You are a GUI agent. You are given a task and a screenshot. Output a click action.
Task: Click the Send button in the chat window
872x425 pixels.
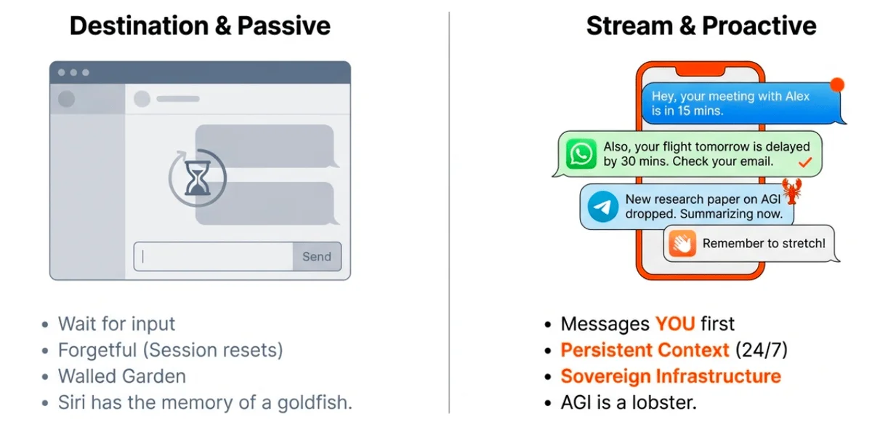[317, 257]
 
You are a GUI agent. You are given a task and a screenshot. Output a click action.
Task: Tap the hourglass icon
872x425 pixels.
[198, 178]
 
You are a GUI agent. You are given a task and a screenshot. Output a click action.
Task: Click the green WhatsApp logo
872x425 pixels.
[581, 154]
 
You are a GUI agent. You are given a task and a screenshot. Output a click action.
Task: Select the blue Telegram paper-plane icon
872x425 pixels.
[602, 207]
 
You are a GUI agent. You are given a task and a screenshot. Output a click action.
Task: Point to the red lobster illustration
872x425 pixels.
[792, 191]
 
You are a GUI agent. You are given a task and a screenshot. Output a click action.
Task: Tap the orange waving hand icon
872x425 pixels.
[682, 243]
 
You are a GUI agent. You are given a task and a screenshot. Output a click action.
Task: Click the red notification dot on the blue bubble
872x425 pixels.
[837, 84]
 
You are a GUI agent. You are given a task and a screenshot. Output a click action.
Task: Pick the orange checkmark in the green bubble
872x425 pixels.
[805, 162]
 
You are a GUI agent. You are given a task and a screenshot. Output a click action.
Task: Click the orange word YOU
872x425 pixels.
[675, 324]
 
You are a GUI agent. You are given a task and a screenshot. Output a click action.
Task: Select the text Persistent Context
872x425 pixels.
[645, 350]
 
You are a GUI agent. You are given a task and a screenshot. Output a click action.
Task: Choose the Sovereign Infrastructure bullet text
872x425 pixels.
[671, 376]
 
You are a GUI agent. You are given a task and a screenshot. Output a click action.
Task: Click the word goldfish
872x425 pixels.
[315, 402]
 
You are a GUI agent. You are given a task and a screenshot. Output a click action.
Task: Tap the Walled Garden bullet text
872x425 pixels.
[122, 376]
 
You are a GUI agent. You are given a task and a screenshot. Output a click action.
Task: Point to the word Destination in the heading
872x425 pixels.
[139, 25]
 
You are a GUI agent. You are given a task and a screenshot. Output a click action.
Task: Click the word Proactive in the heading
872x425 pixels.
[759, 25]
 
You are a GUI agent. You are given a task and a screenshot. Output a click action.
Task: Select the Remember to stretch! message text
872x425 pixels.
[764, 243]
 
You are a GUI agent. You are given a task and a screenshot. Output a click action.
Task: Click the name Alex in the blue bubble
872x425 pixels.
[797, 96]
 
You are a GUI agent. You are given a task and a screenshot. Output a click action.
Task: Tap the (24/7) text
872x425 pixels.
[762, 350]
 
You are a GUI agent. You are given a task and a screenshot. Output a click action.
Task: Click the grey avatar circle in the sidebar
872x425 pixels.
[67, 99]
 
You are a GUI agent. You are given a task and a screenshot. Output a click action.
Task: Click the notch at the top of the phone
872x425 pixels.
[701, 71]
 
